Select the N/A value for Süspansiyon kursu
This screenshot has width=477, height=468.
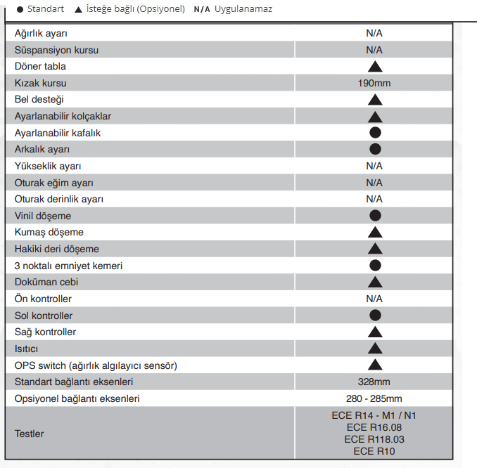tap(374, 50)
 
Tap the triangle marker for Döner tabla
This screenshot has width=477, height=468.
tap(374, 67)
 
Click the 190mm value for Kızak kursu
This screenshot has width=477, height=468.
tap(374, 83)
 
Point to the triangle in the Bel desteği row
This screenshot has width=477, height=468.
tap(374, 100)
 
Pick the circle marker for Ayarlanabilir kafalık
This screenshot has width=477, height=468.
tap(375, 132)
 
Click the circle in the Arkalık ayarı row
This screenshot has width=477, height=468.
tap(375, 149)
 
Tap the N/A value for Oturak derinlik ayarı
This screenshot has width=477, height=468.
tap(374, 199)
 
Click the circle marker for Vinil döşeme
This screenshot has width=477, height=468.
tap(375, 216)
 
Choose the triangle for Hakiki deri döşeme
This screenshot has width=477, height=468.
tap(374, 249)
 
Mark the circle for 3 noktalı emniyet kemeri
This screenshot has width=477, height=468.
tap(375, 266)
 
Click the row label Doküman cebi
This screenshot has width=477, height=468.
tap(46, 282)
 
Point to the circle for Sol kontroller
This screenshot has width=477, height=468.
tap(375, 316)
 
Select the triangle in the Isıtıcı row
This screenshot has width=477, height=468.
tap(374, 349)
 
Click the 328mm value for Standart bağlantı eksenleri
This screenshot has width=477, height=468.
tap(374, 382)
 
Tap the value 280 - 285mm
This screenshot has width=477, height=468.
tap(374, 398)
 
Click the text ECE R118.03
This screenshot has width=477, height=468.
tap(374, 439)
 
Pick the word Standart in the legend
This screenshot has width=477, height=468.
tap(46, 9)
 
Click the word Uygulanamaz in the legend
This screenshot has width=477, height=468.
tap(243, 9)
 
